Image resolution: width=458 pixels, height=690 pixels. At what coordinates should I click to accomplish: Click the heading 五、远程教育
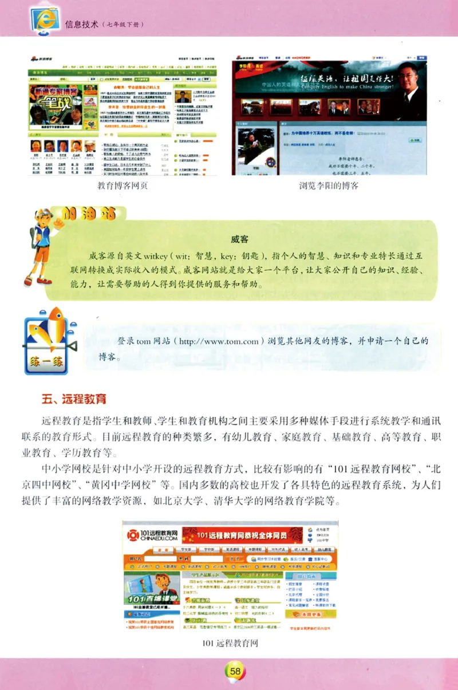73,399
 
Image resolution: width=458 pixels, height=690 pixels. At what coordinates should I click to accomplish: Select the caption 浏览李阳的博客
329,186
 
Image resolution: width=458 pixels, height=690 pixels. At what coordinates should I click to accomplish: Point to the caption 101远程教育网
231,642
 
